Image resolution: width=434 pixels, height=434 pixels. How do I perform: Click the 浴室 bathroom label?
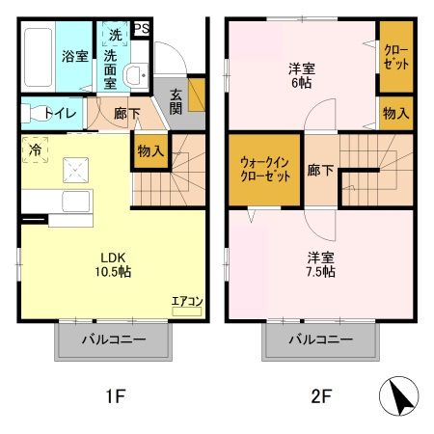pos(73,56)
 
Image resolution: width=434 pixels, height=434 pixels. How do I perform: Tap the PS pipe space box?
pos(141,29)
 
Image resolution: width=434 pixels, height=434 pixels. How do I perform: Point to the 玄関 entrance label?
pos(178,99)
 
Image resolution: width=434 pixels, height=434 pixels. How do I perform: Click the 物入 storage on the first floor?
pos(149,151)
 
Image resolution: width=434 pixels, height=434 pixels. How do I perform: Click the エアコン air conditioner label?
pos(186,301)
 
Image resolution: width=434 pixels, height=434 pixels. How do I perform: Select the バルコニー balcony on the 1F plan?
pos(113,339)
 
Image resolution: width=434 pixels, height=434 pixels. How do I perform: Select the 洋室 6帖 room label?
pos(303,75)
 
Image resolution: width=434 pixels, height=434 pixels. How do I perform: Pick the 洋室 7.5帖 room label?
pos(321,264)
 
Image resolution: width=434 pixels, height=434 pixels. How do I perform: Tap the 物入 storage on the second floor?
pos(395,114)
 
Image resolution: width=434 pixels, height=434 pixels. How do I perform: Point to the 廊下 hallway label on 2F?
pos(320,171)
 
